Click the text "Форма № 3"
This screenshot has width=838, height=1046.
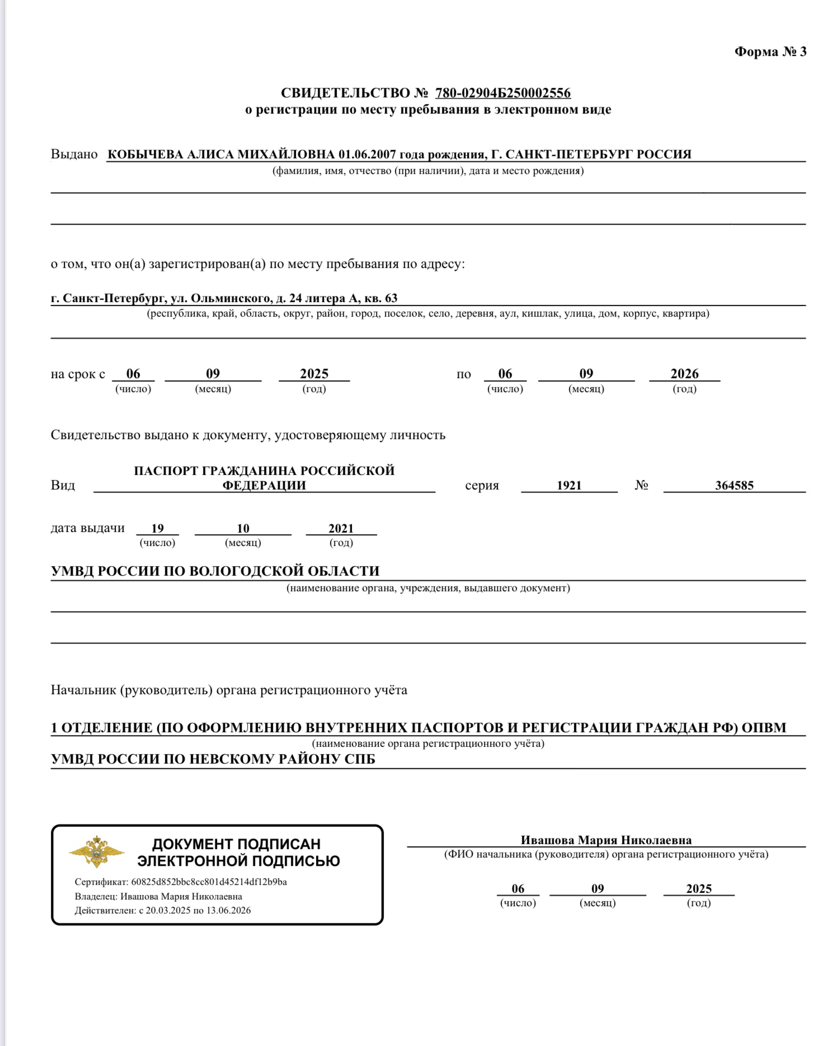click(770, 52)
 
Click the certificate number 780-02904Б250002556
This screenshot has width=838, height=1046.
click(503, 93)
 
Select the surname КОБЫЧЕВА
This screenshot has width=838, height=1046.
click(145, 154)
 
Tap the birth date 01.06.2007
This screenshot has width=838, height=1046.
click(367, 154)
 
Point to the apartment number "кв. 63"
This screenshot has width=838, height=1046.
click(381, 298)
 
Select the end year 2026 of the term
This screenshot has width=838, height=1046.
click(684, 374)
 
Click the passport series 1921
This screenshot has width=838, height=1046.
click(569, 486)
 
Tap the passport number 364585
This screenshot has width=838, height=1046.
click(734, 486)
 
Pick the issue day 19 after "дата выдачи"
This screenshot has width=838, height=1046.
click(157, 529)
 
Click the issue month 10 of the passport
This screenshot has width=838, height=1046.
click(243, 529)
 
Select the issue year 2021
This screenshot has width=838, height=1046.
click(341, 529)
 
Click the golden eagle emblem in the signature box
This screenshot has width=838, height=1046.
click(96, 851)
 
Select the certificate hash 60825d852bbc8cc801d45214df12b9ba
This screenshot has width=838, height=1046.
click(209, 882)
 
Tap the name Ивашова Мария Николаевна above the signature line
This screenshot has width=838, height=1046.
click(606, 840)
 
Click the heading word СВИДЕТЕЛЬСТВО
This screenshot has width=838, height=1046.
click(346, 93)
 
